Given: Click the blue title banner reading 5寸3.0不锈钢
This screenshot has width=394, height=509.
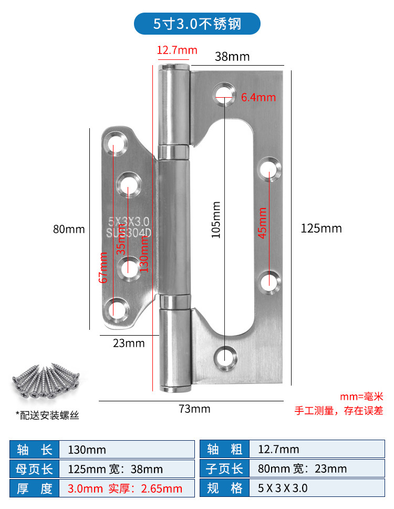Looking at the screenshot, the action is [197, 24].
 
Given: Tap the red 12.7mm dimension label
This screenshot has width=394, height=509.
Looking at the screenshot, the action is [177, 50].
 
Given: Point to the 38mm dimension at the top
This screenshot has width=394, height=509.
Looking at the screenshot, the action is [232, 56].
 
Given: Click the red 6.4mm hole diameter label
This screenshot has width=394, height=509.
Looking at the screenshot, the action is [258, 97].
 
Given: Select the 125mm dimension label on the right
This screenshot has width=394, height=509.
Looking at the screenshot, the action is [321, 228].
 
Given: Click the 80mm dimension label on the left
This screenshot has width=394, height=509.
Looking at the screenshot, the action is [69, 229].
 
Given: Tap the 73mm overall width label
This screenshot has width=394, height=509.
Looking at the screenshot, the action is [194, 409].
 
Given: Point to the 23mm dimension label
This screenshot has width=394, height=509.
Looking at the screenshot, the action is [129, 343].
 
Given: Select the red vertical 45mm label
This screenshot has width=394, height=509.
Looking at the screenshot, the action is [262, 223].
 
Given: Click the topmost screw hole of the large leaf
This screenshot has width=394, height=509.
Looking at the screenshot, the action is [224, 93].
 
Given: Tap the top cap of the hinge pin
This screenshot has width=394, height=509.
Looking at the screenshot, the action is [174, 68].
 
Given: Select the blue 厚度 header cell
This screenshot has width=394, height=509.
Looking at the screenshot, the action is [35, 489].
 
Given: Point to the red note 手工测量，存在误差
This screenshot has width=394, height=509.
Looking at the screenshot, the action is [339, 411].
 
